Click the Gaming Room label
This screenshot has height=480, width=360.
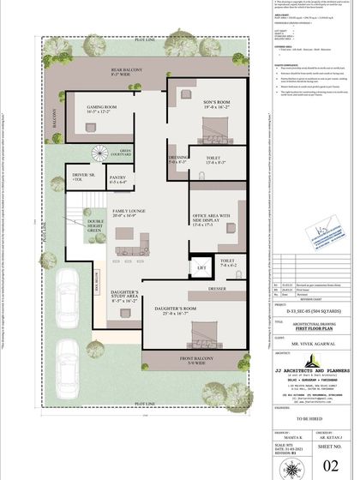tap(100, 110)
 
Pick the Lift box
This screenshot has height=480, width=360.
tap(202, 268)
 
